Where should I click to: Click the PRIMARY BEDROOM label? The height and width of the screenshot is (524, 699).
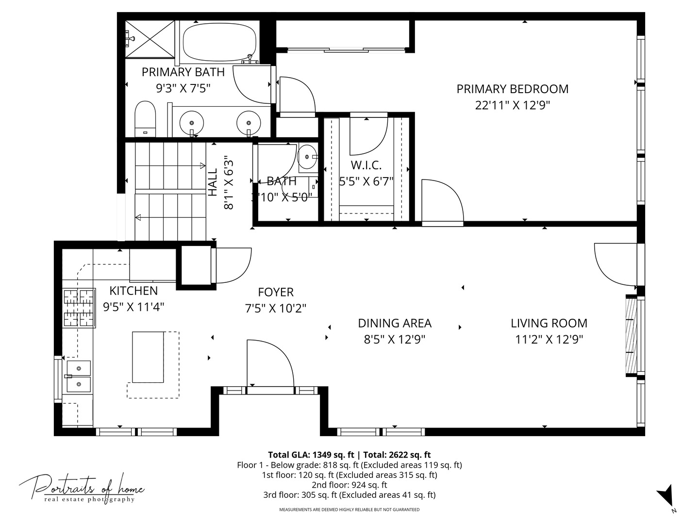512,89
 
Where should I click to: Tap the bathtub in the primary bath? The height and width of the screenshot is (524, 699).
219,41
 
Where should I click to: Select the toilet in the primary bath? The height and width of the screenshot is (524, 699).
144,119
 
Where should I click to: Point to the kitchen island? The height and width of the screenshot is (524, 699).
148,357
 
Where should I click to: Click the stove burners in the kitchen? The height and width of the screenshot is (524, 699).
78,308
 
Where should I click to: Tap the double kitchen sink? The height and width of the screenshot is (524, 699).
78,376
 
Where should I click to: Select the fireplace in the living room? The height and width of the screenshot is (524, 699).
631,335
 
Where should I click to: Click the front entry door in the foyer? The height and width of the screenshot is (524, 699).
269,364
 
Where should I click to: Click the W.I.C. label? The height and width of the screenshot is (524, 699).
366,165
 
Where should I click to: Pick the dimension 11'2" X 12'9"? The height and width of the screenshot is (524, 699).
549,339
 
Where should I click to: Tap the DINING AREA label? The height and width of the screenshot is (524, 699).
394,323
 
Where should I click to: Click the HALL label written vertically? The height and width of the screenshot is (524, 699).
213,182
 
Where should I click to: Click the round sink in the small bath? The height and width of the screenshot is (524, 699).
307,157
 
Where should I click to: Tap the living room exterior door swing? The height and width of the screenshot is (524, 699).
614,264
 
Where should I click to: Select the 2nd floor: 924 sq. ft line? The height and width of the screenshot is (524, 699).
349,485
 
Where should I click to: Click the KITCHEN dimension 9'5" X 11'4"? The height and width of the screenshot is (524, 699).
133,307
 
